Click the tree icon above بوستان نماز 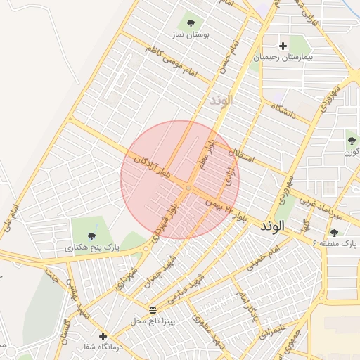190,21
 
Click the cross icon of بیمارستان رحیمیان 283,46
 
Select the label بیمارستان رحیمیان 283,56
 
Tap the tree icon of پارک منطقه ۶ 334,233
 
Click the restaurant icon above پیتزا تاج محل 153,310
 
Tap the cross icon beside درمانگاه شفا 103,337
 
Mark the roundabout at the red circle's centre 188,188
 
